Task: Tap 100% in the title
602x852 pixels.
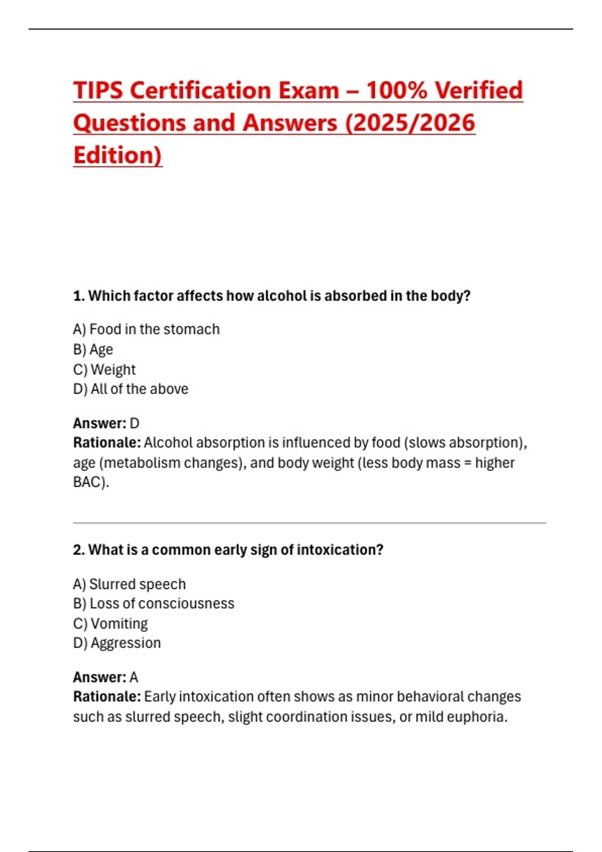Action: tap(396, 91)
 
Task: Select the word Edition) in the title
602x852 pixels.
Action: tap(117, 155)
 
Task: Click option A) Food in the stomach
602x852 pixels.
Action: tap(146, 329)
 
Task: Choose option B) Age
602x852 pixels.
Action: tap(93, 349)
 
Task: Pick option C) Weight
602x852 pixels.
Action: tap(104, 369)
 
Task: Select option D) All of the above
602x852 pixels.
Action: tap(130, 389)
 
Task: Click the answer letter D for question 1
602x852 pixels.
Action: tap(134, 423)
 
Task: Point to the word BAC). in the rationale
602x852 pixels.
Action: tap(91, 482)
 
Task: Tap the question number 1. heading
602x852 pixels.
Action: tap(79, 296)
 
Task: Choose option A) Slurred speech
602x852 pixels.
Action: tap(129, 584)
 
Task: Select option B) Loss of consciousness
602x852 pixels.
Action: tap(154, 603)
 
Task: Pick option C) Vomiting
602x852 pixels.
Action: tap(110, 623)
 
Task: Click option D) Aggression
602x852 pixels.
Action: tap(117, 643)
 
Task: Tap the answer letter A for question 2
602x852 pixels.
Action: tap(134, 678)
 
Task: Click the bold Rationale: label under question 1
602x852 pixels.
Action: tap(107, 443)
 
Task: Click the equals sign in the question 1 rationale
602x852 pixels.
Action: tap(468, 463)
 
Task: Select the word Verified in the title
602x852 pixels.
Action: tap(479, 91)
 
